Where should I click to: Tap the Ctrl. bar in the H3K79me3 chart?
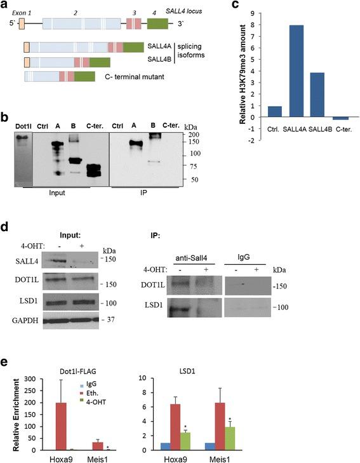coord(257,112)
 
